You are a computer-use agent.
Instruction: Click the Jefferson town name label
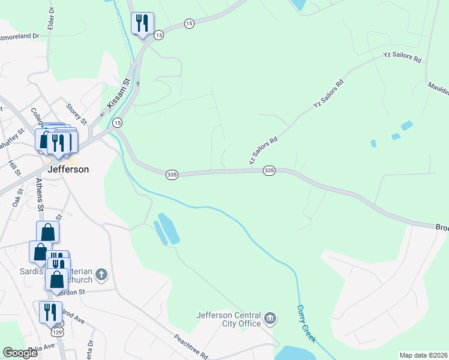[x=68, y=169]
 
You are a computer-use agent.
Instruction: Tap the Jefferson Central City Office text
[x=229, y=319]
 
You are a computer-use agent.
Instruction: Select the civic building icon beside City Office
[x=270, y=317]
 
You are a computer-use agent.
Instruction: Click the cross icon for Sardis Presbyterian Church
[x=101, y=275]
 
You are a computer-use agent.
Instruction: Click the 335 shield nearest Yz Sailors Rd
[x=269, y=171]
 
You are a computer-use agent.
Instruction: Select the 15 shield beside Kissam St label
[x=118, y=122]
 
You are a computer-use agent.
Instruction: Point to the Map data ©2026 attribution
[x=423, y=355]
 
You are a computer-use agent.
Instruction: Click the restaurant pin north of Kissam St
[x=142, y=24]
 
